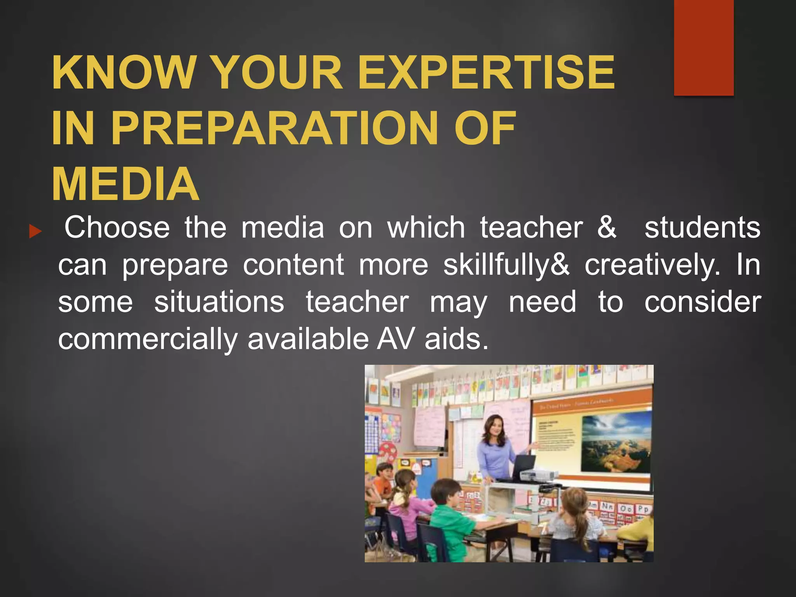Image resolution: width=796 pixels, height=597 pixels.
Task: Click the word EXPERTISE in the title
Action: [486, 72]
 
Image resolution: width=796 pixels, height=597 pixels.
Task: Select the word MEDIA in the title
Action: [126, 184]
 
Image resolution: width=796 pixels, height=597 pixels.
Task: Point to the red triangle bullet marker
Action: [35, 232]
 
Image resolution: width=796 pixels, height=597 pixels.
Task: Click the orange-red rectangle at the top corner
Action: [703, 47]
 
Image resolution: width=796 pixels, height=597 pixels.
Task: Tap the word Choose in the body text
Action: [117, 227]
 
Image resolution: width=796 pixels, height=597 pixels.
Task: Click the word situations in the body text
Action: [219, 302]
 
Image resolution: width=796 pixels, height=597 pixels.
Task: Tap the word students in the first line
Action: [702, 227]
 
